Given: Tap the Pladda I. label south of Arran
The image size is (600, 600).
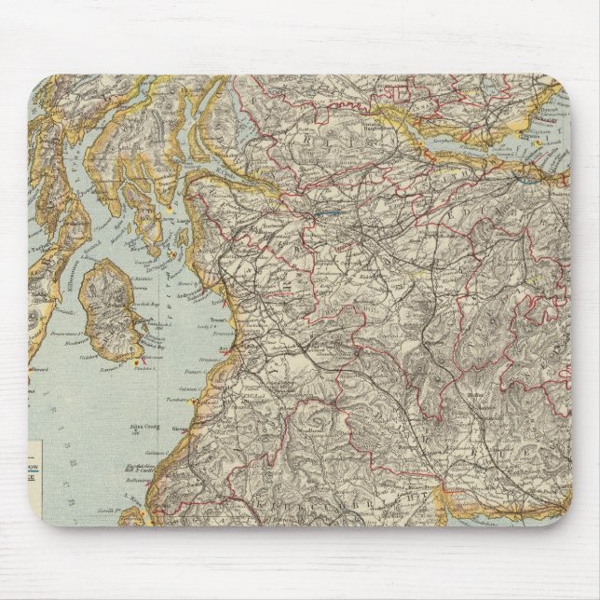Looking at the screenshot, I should (x=141, y=366).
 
